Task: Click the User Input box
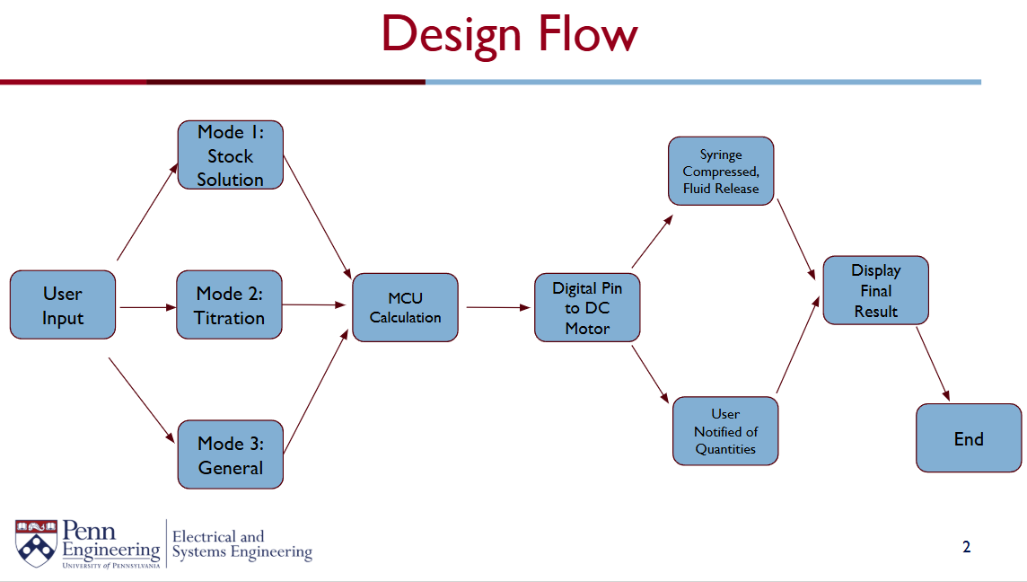pos(63,304)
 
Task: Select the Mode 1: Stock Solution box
pos(231,155)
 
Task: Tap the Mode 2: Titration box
pos(229,304)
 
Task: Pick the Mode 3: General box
pos(231,454)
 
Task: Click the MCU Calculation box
pos(406,307)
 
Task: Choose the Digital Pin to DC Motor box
pos(587,307)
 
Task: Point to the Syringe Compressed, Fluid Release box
pos(721,171)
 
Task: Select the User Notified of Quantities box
pos(725,430)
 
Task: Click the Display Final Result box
pos(875,290)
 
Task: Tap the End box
pos(969,437)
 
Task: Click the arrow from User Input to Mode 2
pos(148,307)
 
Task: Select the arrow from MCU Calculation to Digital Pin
pos(498,307)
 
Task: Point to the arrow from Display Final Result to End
pos(933,364)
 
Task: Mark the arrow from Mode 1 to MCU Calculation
pos(318,217)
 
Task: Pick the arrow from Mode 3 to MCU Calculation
pos(316,391)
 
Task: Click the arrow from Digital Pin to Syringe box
pos(653,242)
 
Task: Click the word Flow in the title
pos(587,33)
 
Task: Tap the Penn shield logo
pos(36,543)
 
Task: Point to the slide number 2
pos(967,547)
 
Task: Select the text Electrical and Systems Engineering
pos(242,545)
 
